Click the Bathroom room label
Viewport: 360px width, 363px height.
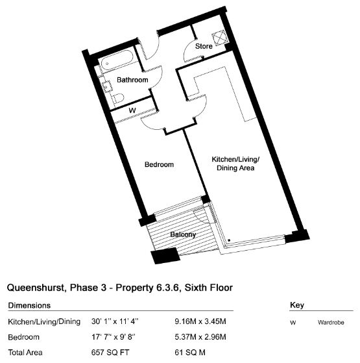(x=132, y=80)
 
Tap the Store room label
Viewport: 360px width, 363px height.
(x=204, y=46)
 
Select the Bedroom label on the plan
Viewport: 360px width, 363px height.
(x=159, y=164)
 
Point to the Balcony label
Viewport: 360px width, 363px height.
(x=183, y=234)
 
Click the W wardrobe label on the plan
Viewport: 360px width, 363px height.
(x=132, y=110)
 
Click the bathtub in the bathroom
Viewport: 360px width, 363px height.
(x=115, y=60)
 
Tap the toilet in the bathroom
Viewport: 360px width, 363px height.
(x=118, y=98)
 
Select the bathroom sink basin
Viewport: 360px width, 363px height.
(x=107, y=86)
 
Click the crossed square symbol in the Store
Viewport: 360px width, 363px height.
(x=220, y=38)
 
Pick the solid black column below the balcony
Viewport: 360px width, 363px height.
(x=165, y=255)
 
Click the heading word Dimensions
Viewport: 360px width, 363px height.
(x=29, y=306)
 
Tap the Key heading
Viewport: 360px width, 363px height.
(x=297, y=305)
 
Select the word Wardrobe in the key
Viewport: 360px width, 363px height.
(x=331, y=323)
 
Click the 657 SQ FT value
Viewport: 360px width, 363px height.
(x=110, y=353)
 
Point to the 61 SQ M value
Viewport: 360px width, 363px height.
(x=190, y=353)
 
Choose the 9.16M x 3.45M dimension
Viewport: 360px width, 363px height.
(x=200, y=321)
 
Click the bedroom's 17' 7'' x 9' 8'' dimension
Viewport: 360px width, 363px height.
(x=114, y=337)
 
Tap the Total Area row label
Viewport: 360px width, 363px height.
(x=25, y=353)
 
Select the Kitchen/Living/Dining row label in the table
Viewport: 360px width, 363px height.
(x=44, y=322)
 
